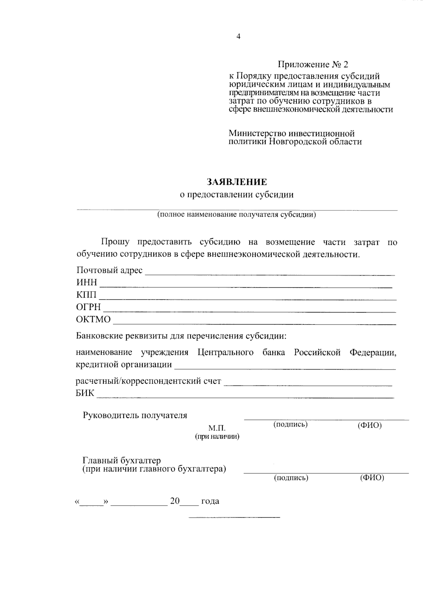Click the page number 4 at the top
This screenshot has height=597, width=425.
pos(238,36)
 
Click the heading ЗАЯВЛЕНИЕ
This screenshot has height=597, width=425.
pos(237,182)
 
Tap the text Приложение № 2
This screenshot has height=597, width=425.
pos(313,64)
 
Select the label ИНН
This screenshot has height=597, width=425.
pos(86,282)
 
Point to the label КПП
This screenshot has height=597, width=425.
pos(86,295)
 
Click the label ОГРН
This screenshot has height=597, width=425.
pos(88,307)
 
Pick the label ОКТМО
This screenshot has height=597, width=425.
pos(93,319)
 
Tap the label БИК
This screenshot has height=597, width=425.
pos(85,393)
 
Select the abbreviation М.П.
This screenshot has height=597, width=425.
pos(217,428)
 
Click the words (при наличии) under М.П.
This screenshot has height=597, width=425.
pos(217,437)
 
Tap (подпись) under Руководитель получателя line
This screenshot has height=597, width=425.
pos(290,424)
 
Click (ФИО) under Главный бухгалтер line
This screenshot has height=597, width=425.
pos(372,478)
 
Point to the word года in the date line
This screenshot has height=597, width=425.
pos(210,501)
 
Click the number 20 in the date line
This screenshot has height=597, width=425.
pos(175,501)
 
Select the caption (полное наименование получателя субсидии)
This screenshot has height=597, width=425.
pos(237,215)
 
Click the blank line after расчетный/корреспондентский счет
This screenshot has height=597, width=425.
pos(308,384)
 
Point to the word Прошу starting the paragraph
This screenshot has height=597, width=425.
pos(115,242)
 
